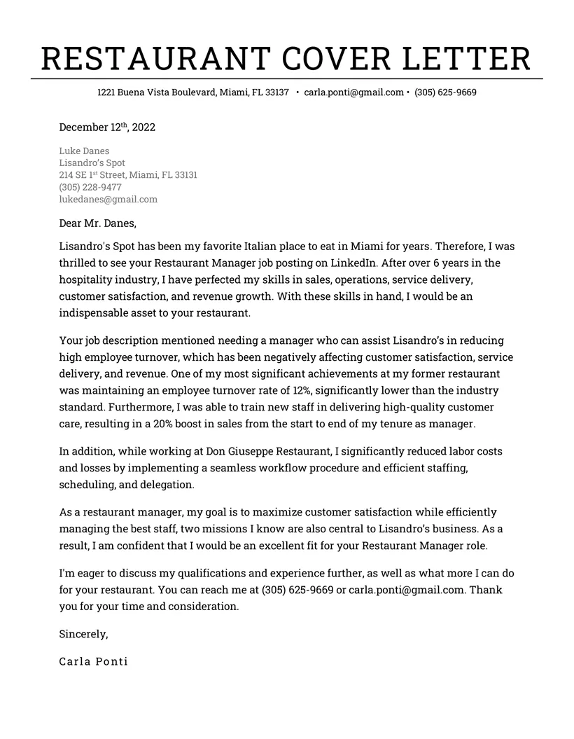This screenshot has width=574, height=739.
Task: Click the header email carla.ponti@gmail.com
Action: [354, 92]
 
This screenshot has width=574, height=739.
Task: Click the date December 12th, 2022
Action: [107, 127]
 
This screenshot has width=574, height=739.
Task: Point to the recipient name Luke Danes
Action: [84, 151]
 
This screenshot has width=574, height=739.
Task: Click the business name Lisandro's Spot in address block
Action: [92, 163]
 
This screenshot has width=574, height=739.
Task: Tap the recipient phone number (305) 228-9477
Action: [90, 187]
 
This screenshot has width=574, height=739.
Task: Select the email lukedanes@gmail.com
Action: [108, 199]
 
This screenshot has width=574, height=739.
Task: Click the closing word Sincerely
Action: [83, 634]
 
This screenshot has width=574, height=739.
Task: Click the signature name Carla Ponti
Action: [93, 661]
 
